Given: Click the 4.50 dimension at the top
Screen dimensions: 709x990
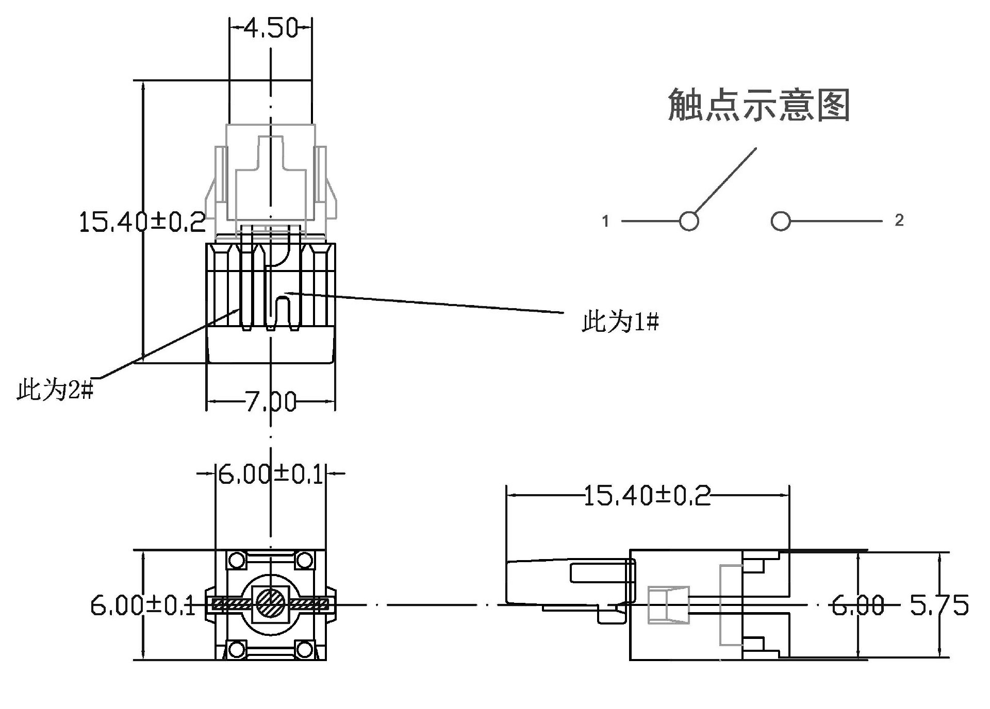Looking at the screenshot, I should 271,28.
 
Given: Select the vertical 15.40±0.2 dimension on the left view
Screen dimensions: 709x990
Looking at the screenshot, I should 142,222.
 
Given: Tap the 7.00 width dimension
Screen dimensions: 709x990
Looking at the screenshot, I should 271,402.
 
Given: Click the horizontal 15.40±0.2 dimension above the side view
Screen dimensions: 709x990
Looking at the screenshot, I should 647,496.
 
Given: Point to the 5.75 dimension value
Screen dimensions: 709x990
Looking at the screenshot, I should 939,605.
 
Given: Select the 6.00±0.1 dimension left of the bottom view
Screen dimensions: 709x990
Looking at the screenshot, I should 143,605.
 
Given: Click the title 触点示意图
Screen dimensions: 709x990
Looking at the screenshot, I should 758,106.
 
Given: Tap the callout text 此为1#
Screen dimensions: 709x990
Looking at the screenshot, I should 620,322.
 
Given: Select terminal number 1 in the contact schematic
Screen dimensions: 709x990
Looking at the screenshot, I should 606,222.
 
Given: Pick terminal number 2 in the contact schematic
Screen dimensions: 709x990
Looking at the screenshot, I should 899,221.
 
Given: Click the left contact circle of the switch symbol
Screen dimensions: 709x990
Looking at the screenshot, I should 689,222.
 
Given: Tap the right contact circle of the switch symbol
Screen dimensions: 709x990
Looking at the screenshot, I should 781,222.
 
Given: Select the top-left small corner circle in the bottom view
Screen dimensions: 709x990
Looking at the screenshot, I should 237,560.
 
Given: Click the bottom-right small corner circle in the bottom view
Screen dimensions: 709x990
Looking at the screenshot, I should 304,649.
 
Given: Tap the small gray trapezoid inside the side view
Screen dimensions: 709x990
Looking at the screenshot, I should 668,605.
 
